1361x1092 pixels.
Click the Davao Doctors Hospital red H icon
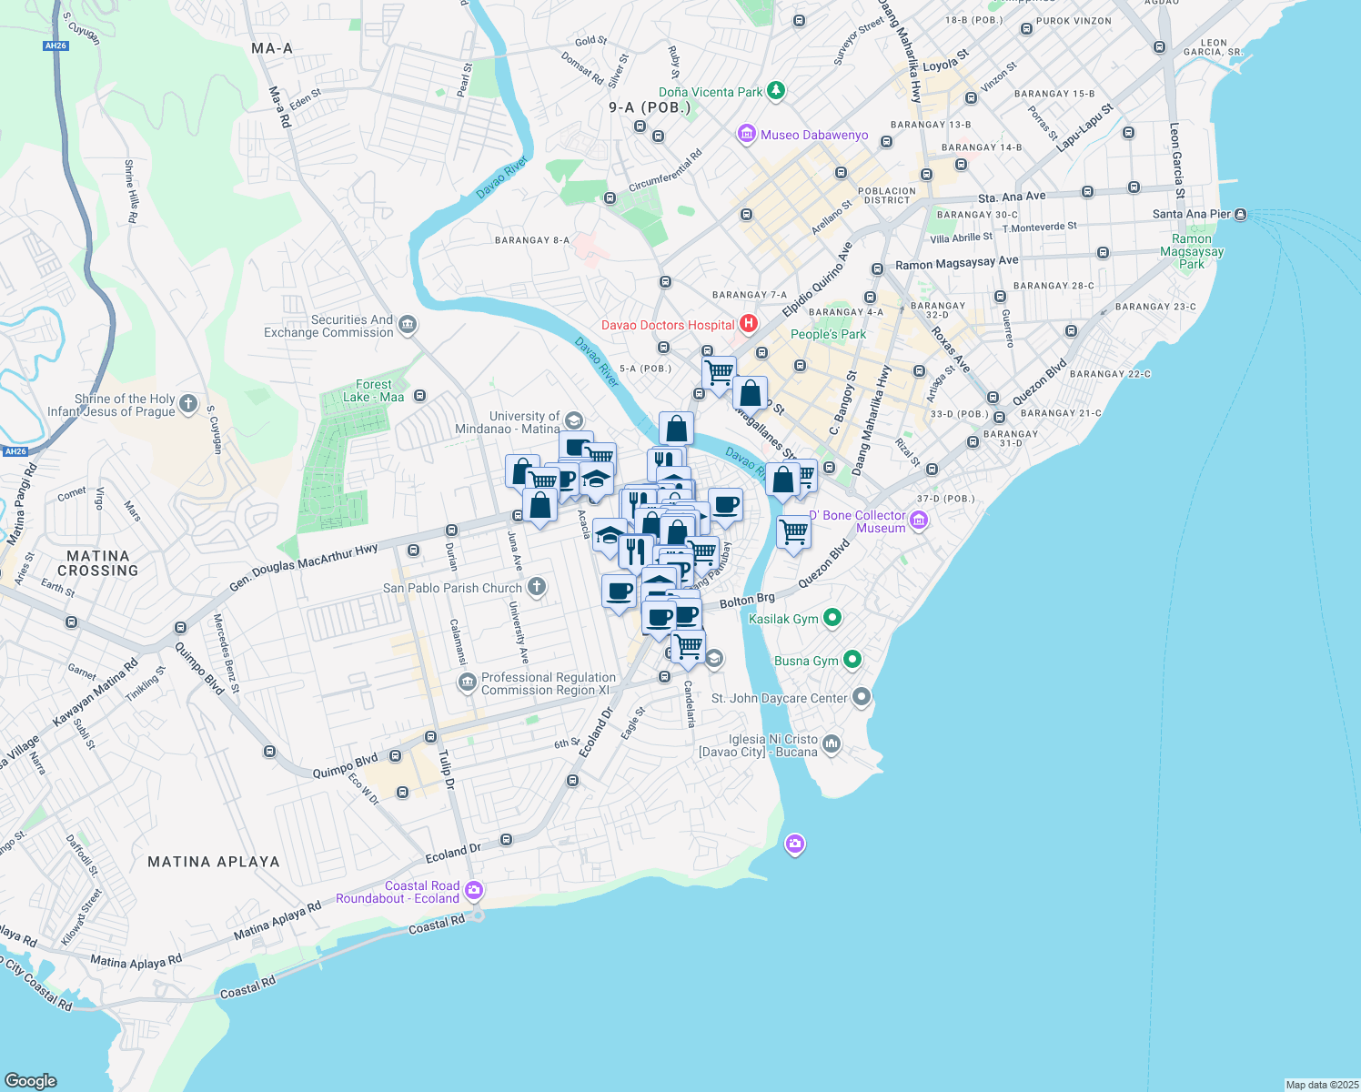(x=748, y=324)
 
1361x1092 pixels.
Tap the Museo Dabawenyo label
(x=814, y=135)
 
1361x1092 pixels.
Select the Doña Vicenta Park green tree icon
(x=775, y=91)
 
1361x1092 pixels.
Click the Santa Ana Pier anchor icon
(x=1241, y=214)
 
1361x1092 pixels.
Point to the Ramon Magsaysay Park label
(x=1192, y=251)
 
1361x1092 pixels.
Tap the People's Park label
(x=828, y=334)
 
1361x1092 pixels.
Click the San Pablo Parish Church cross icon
(x=537, y=587)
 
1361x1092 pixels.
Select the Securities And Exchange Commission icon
(x=407, y=325)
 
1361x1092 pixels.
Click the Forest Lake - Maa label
(x=374, y=390)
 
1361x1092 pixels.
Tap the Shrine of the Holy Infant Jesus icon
(x=188, y=404)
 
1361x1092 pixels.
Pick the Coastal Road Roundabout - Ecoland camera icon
(x=473, y=890)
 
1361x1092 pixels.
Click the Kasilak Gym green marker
(x=832, y=618)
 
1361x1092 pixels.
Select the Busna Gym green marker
(x=852, y=659)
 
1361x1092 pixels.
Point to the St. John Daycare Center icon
(x=862, y=698)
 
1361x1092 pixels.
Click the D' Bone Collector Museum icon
(x=918, y=521)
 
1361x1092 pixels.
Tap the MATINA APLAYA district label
(x=214, y=861)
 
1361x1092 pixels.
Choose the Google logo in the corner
(x=31, y=1080)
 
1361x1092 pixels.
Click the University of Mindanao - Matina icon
(x=573, y=420)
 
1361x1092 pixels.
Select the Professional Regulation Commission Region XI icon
(x=467, y=682)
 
